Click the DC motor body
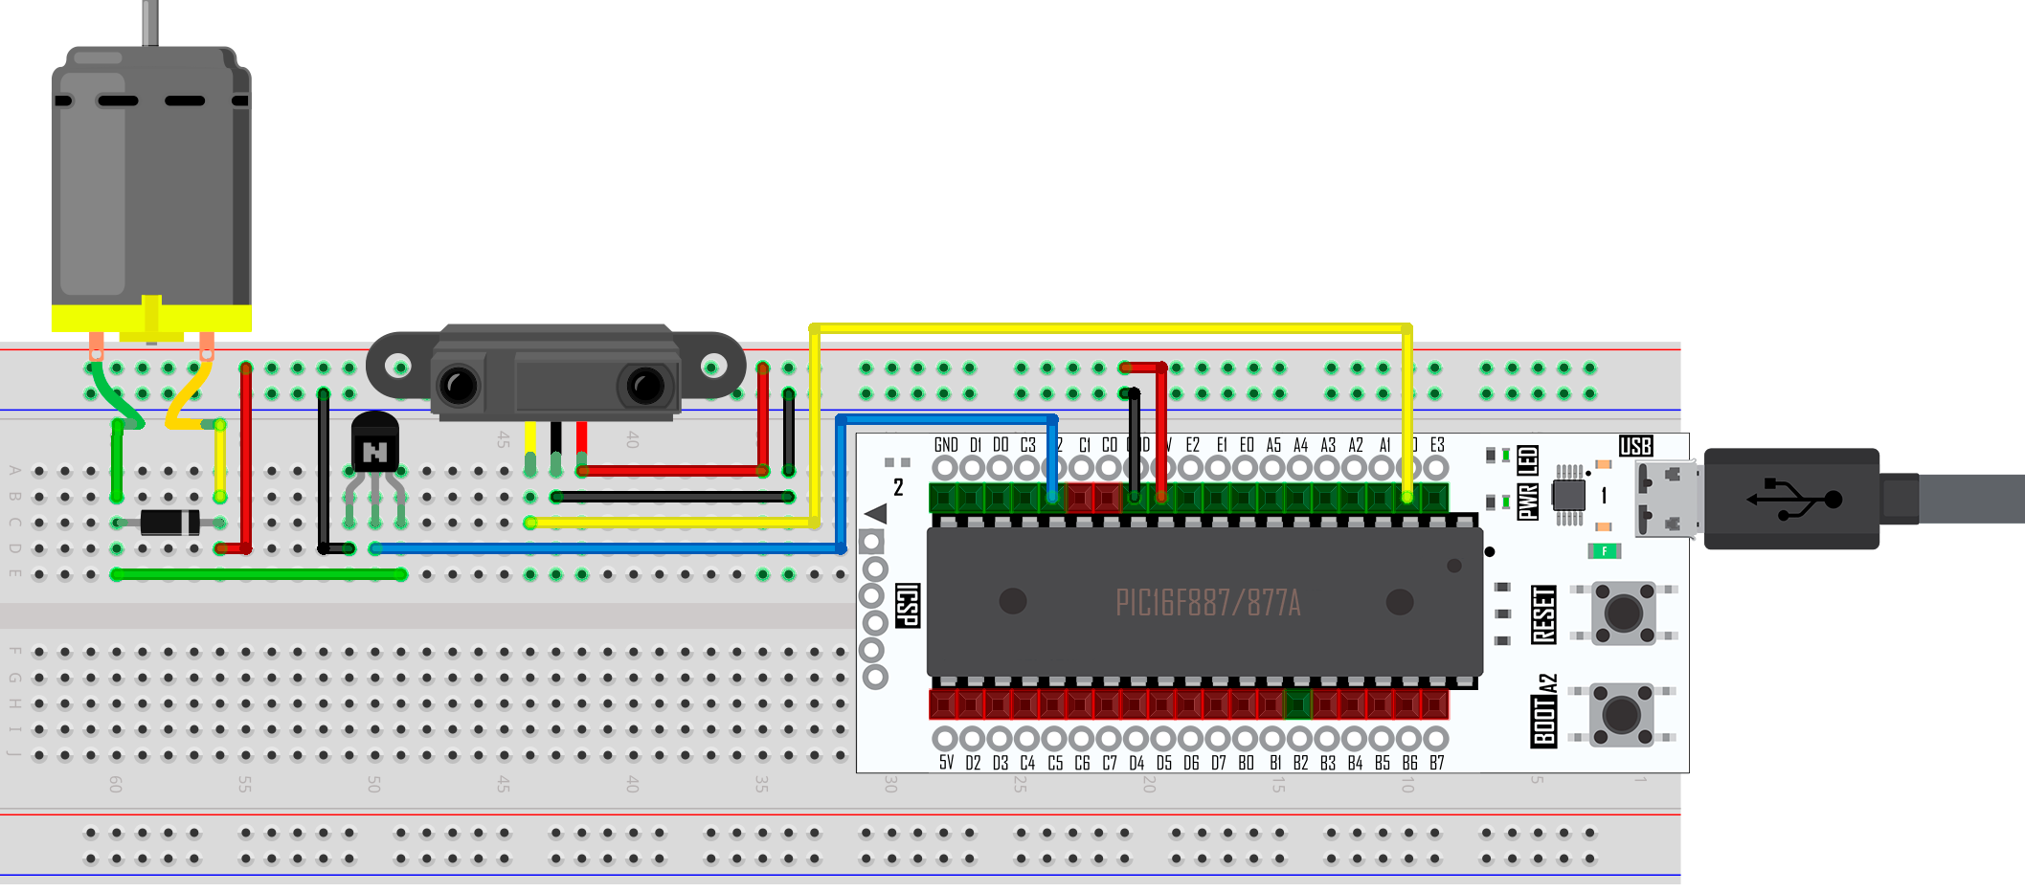click(151, 182)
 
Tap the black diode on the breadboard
click(169, 523)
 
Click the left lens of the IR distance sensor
click(458, 386)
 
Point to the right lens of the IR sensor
click(644, 386)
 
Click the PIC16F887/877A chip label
click(1207, 603)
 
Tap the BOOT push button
click(1621, 714)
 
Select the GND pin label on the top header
click(946, 445)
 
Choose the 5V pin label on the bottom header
click(946, 763)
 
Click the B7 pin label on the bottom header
click(1436, 763)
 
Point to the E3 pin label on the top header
click(1436, 445)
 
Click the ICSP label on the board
click(907, 606)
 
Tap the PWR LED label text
click(1528, 482)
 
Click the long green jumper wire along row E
click(259, 574)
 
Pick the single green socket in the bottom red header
click(1297, 705)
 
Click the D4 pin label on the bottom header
click(1136, 763)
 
